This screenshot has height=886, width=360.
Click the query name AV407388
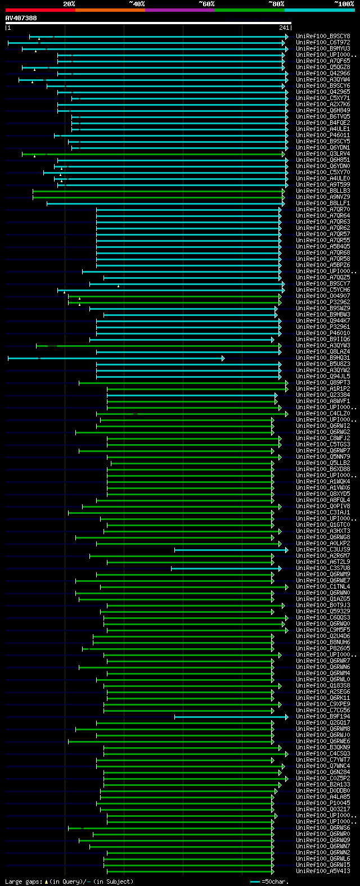[x=21, y=19]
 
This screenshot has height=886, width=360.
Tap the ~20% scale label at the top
[x=69, y=4]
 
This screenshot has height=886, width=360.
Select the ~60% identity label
[x=206, y=4]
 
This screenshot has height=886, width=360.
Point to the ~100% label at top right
[x=344, y=4]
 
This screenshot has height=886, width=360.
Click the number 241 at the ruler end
[x=283, y=28]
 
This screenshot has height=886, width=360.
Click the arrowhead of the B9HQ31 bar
[x=223, y=358]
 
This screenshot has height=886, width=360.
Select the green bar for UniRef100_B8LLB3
[x=157, y=191]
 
